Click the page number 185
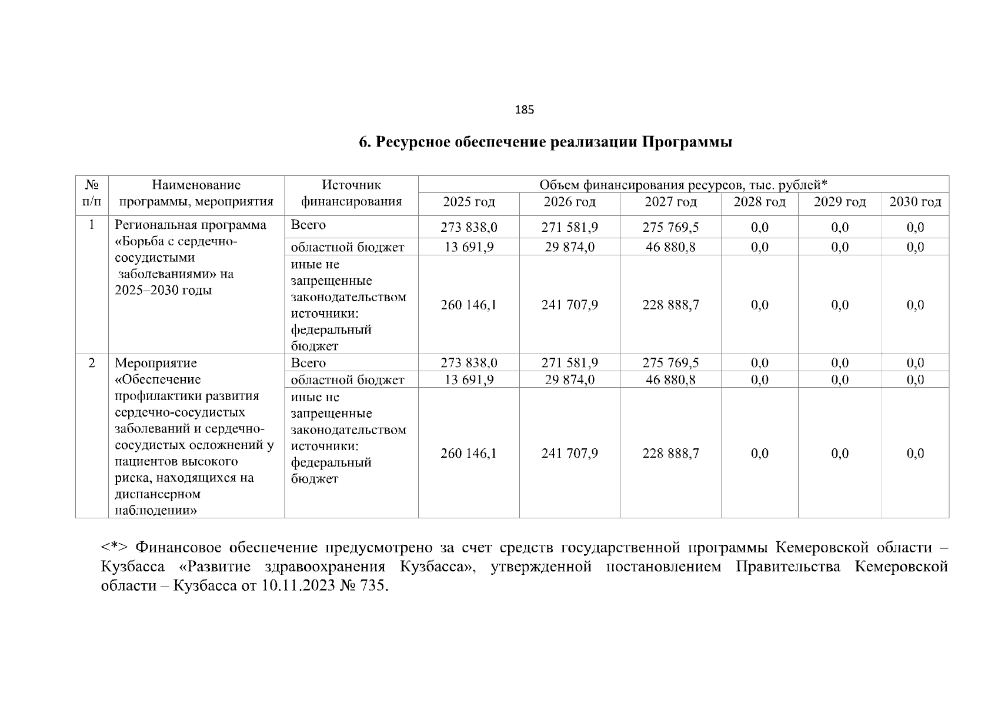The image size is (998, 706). tap(524, 110)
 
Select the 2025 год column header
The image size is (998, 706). tap(468, 202)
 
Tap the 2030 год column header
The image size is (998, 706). tap(914, 202)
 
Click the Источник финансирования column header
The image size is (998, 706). tap(351, 194)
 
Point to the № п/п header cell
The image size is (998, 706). tap(92, 194)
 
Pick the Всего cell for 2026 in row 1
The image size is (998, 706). tap(569, 228)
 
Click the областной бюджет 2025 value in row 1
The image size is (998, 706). tap(468, 247)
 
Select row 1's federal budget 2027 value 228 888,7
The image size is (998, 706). tap(670, 305)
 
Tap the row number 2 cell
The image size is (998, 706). tap(92, 363)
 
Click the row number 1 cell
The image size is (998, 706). tap(92, 225)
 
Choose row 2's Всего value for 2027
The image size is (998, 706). tap(670, 363)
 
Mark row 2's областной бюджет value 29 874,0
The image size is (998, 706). tap(569, 380)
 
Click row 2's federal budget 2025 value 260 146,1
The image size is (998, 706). tap(468, 454)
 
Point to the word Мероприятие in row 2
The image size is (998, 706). tap(155, 363)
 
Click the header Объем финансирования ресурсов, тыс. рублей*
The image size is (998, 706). tap(683, 185)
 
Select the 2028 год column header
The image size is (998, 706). tap(759, 202)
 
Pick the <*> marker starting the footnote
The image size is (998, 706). tap(110, 548)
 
